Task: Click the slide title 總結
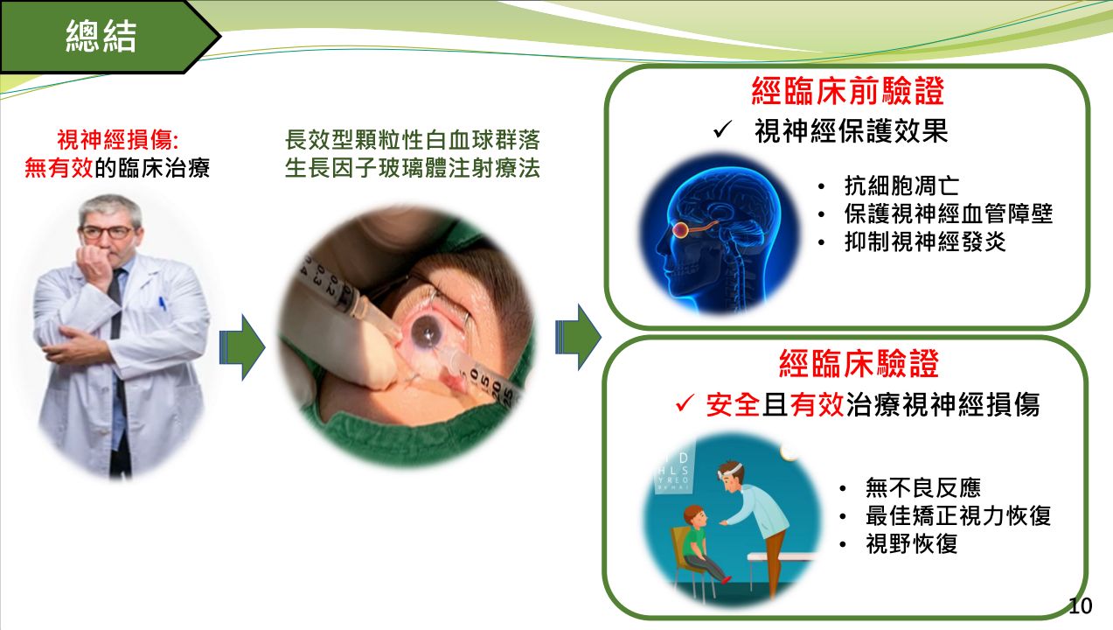pos(101,36)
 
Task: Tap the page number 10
pos(1080,606)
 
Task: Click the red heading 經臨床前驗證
pos(848,91)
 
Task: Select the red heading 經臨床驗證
pos(859,363)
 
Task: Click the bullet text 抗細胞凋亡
pos(901,186)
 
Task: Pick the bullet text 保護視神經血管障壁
pos(948,213)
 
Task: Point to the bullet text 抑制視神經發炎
pos(925,242)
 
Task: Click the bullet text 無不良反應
pos(922,487)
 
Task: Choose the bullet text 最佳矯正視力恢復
pos(958,515)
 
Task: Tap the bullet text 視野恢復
pos(911,543)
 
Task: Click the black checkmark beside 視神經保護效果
pos(722,129)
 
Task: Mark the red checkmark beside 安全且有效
pos(685,402)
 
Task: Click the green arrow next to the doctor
pos(242,347)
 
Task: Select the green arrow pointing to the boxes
pos(578,337)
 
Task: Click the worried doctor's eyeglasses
pos(108,232)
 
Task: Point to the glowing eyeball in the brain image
pos(680,230)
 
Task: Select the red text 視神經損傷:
pos(117,140)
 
